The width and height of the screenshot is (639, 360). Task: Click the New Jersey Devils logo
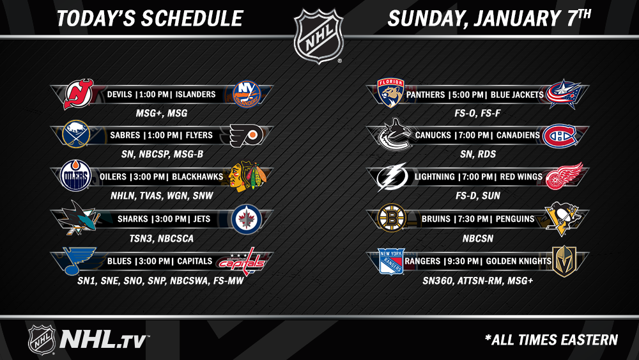pyautogui.click(x=79, y=94)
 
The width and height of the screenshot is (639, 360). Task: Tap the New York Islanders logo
pyautogui.click(x=247, y=94)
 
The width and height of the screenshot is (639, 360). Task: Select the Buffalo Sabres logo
pyautogui.click(x=76, y=134)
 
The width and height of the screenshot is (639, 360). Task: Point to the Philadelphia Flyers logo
pyautogui.click(x=245, y=136)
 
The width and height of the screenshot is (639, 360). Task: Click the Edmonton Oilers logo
pyautogui.click(x=75, y=176)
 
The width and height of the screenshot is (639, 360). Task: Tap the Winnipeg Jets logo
pyautogui.click(x=247, y=219)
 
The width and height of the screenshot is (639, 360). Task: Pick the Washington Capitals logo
pyautogui.click(x=242, y=262)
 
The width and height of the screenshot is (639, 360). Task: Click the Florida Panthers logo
pyautogui.click(x=390, y=93)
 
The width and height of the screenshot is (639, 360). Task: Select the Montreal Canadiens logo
pyautogui.click(x=560, y=136)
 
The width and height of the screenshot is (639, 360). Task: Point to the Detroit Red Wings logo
pyautogui.click(x=564, y=176)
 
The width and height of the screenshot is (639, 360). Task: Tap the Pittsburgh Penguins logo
pyautogui.click(x=562, y=219)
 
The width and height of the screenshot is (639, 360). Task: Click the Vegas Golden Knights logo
pyautogui.click(x=564, y=261)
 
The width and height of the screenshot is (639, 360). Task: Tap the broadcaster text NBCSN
pyautogui.click(x=477, y=239)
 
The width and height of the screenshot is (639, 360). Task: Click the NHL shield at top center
pyautogui.click(x=319, y=36)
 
